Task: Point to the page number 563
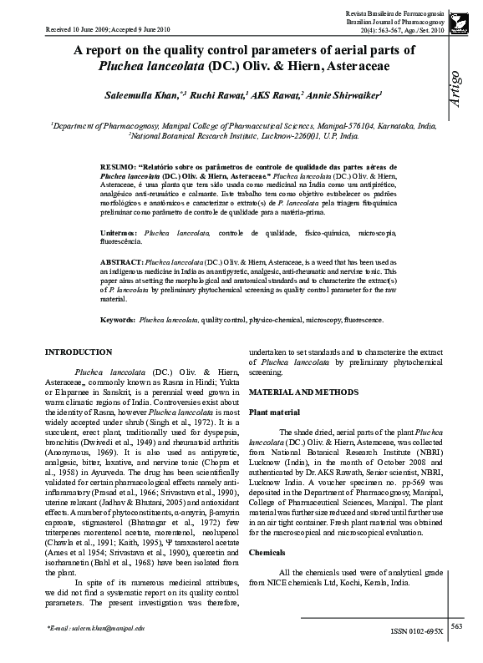[457, 625]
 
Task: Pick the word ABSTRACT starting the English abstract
[122, 261]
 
